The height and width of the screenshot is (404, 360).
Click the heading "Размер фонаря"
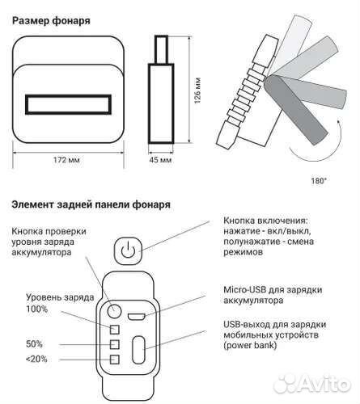(x=51, y=21)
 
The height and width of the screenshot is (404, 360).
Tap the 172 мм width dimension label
(x=66, y=160)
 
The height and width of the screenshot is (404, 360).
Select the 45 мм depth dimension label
(x=160, y=160)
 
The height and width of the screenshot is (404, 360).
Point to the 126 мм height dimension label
(x=197, y=90)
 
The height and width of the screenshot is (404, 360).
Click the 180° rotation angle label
(x=319, y=181)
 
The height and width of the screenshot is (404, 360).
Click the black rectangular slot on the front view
(x=68, y=104)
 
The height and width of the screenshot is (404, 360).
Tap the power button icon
(x=128, y=250)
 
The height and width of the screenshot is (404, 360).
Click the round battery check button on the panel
(x=114, y=311)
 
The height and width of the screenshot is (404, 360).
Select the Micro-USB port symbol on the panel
(x=137, y=317)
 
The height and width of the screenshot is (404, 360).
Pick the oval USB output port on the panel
(x=138, y=350)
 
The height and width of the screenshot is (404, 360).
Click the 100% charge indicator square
(x=115, y=330)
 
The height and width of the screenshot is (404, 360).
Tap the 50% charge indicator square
(x=115, y=344)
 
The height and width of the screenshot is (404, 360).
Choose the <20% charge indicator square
(x=115, y=360)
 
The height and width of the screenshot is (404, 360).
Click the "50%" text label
(x=34, y=344)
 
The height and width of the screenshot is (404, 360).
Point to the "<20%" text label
(x=36, y=359)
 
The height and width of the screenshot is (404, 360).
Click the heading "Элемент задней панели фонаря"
(x=91, y=204)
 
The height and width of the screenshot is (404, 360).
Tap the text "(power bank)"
(x=250, y=346)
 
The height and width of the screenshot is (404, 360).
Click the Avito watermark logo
(x=312, y=384)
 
